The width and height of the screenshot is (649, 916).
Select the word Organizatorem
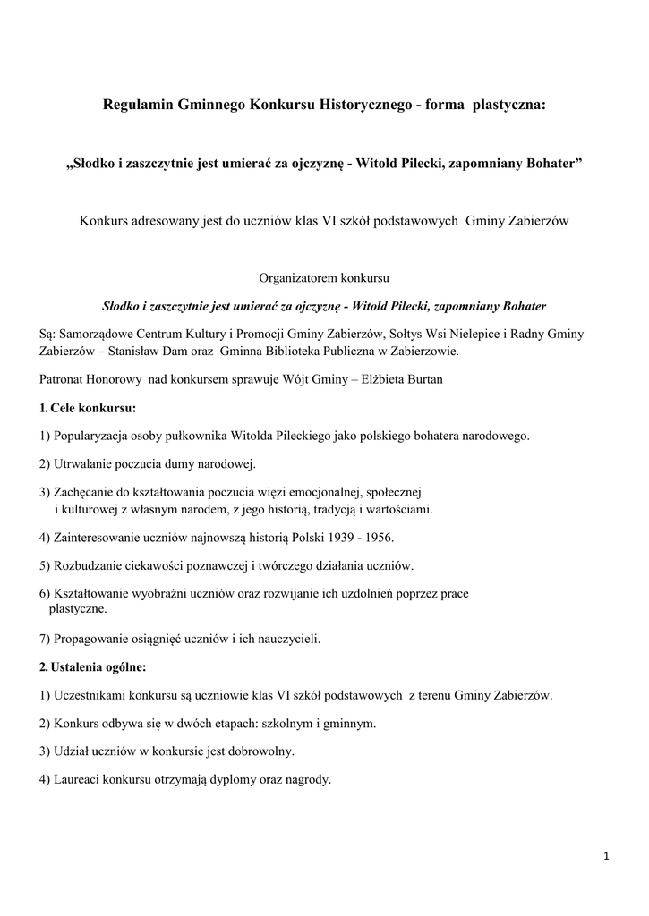(296, 277)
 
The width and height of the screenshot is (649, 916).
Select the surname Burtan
(420, 379)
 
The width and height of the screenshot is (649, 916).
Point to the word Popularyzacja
(94, 437)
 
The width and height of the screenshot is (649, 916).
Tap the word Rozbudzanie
(90, 565)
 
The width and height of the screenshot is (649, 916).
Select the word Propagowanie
(93, 639)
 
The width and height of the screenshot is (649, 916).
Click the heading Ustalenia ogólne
(98, 666)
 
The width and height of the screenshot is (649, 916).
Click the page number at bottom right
(606, 857)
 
